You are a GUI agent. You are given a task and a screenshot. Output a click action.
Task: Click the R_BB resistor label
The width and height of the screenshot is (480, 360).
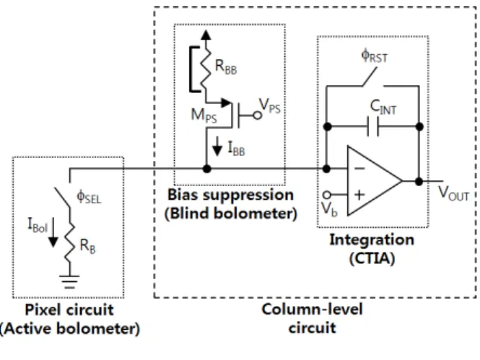[226, 66]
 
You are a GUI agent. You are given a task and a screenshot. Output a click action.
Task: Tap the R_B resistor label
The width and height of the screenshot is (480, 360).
[87, 246]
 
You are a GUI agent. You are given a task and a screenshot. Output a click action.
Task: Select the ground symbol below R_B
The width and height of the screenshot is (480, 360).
[69, 282]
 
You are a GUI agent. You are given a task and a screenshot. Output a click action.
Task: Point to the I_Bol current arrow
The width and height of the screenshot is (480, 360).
[53, 232]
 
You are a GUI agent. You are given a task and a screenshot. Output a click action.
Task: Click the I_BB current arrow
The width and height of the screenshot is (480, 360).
[217, 146]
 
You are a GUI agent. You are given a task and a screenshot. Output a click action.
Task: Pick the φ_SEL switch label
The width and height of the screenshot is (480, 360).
[89, 196]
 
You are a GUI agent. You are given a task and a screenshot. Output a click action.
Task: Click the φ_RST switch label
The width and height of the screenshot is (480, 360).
[375, 56]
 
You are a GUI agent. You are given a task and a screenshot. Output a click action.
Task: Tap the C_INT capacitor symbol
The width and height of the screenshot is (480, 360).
[373, 126]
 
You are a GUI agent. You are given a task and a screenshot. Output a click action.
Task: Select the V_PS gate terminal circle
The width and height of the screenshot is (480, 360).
[258, 115]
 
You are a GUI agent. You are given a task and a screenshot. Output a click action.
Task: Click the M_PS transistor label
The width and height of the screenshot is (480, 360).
[204, 115]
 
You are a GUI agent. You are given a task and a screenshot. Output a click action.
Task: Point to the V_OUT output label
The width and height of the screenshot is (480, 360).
[454, 193]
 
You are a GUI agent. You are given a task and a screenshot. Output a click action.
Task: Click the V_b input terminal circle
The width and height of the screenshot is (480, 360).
[327, 195]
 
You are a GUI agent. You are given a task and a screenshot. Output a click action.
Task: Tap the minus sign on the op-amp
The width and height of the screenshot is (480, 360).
[359, 168]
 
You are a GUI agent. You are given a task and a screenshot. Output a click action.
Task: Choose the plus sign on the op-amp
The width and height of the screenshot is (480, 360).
[359, 195]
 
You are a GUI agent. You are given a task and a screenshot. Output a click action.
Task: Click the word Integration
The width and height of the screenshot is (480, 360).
[372, 240]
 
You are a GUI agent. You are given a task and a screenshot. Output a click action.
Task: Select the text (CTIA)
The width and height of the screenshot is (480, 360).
[372, 258]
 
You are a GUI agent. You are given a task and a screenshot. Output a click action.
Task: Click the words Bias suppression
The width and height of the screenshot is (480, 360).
[230, 195]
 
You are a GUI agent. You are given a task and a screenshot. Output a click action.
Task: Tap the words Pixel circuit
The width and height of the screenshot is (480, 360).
[69, 309]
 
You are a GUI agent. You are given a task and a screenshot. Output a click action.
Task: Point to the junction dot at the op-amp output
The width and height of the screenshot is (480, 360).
[419, 181]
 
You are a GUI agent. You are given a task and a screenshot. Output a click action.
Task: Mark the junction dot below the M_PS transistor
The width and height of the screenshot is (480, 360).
[207, 169]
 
